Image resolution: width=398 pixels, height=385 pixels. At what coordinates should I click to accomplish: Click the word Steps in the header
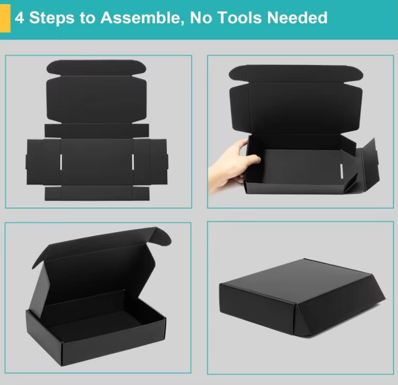pos(52,18)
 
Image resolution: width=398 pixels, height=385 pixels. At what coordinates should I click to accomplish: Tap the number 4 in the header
pos(19,18)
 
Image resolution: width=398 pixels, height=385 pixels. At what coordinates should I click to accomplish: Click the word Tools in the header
pos(240,18)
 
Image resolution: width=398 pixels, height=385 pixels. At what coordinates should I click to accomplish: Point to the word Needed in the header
pos(297,18)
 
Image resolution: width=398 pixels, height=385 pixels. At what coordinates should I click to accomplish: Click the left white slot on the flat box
pos(61,162)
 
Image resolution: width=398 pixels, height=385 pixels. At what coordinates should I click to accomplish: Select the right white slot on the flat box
pos(133,162)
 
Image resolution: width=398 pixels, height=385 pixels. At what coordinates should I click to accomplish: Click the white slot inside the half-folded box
pos(342,171)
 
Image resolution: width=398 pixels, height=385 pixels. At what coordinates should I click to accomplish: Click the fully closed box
pos(302,297)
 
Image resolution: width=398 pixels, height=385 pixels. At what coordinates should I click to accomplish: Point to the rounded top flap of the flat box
pos(96,68)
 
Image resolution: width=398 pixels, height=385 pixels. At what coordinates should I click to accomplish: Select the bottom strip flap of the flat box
pos(97,193)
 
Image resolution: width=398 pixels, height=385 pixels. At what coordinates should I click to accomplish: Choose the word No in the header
pos(200,18)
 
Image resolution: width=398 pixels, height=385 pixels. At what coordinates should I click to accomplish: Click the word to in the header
pos(87,18)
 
